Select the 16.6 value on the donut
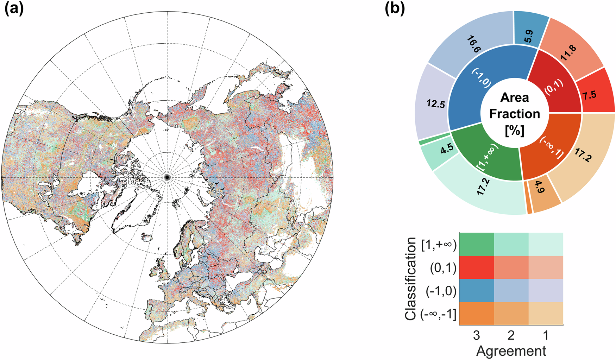tap(474, 44)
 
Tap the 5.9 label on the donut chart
tap(528, 36)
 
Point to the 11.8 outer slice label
tap(568, 53)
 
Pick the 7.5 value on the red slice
tap(589, 95)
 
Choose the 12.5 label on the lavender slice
tap(436, 104)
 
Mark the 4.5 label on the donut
tap(447, 148)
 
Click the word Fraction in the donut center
tap(515, 114)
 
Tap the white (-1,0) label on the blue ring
tap(482, 78)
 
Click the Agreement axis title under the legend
tap(511, 351)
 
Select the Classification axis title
tap(410, 279)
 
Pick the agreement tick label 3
tap(476, 335)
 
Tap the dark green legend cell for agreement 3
tap(476, 244)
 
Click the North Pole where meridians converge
tap(167, 177)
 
